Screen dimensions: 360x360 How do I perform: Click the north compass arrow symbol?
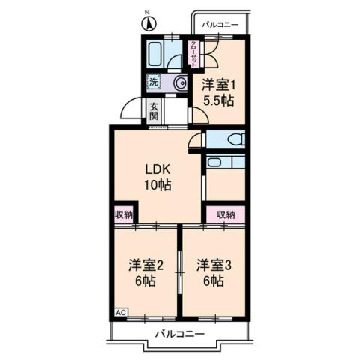(148, 23)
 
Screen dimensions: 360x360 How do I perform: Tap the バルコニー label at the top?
(220, 25)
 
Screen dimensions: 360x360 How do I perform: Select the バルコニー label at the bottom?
(179, 333)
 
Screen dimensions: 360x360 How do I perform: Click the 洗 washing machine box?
(153, 82)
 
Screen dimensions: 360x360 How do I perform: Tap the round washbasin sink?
(179, 83)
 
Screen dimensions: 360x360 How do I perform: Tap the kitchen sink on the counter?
(215, 162)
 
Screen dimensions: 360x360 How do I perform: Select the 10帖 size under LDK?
(158, 185)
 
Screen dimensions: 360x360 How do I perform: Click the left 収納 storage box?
(124, 214)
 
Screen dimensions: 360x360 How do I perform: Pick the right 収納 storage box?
(226, 214)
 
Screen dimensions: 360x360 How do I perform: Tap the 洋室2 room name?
(144, 265)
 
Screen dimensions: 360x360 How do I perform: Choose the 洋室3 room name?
(214, 265)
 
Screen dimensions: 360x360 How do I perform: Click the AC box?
(120, 311)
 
